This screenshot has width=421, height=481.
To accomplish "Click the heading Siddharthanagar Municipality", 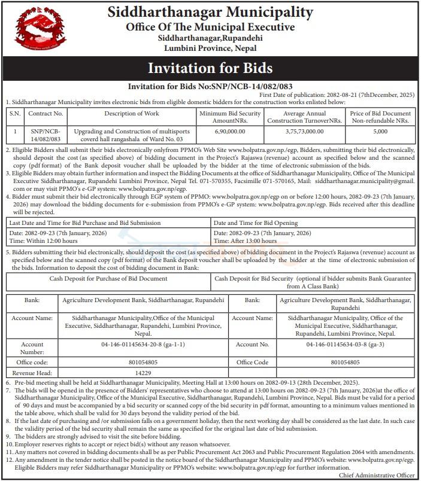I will coord(210,11).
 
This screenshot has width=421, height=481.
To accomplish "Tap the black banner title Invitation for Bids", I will coord(210,67).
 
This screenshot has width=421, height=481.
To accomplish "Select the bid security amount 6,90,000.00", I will coord(229,130).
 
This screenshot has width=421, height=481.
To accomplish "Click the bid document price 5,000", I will coord(380,130).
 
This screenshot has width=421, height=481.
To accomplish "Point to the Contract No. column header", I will coord(46,113).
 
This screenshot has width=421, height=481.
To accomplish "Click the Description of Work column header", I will coord(131,113).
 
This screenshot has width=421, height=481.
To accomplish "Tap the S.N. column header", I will coord(15,113).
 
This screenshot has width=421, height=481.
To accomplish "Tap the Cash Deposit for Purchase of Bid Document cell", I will coord(108,279).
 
